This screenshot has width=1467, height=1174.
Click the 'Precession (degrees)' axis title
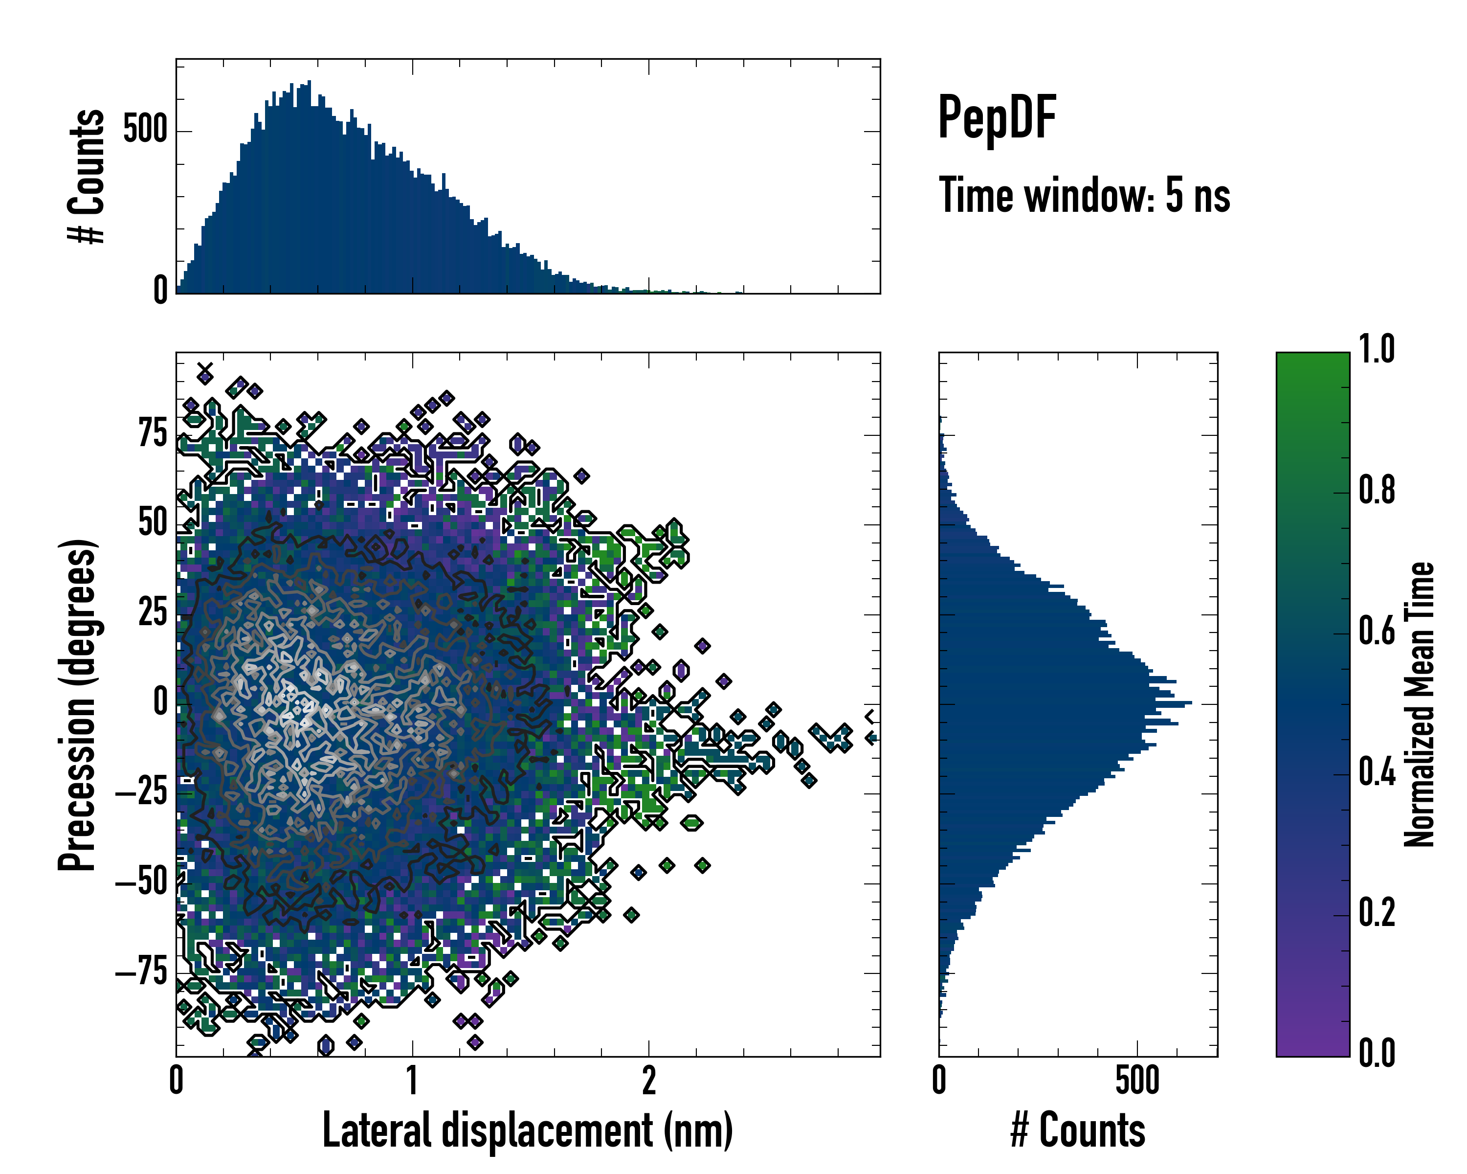[x=77, y=705]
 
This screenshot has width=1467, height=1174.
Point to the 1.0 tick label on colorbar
[x=1376, y=350]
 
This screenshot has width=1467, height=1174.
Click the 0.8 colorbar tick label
[x=1376, y=491]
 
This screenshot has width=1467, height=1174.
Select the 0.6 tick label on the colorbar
[x=1376, y=632]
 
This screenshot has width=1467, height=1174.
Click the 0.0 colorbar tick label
[x=1376, y=1053]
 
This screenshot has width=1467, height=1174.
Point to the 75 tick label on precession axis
[x=153, y=433]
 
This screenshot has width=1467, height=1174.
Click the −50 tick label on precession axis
[x=141, y=883]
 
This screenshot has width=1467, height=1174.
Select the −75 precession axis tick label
[x=141, y=972]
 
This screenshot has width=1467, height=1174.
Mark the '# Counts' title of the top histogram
[x=87, y=176]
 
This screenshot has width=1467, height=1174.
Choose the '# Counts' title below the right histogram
[x=1078, y=1130]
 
